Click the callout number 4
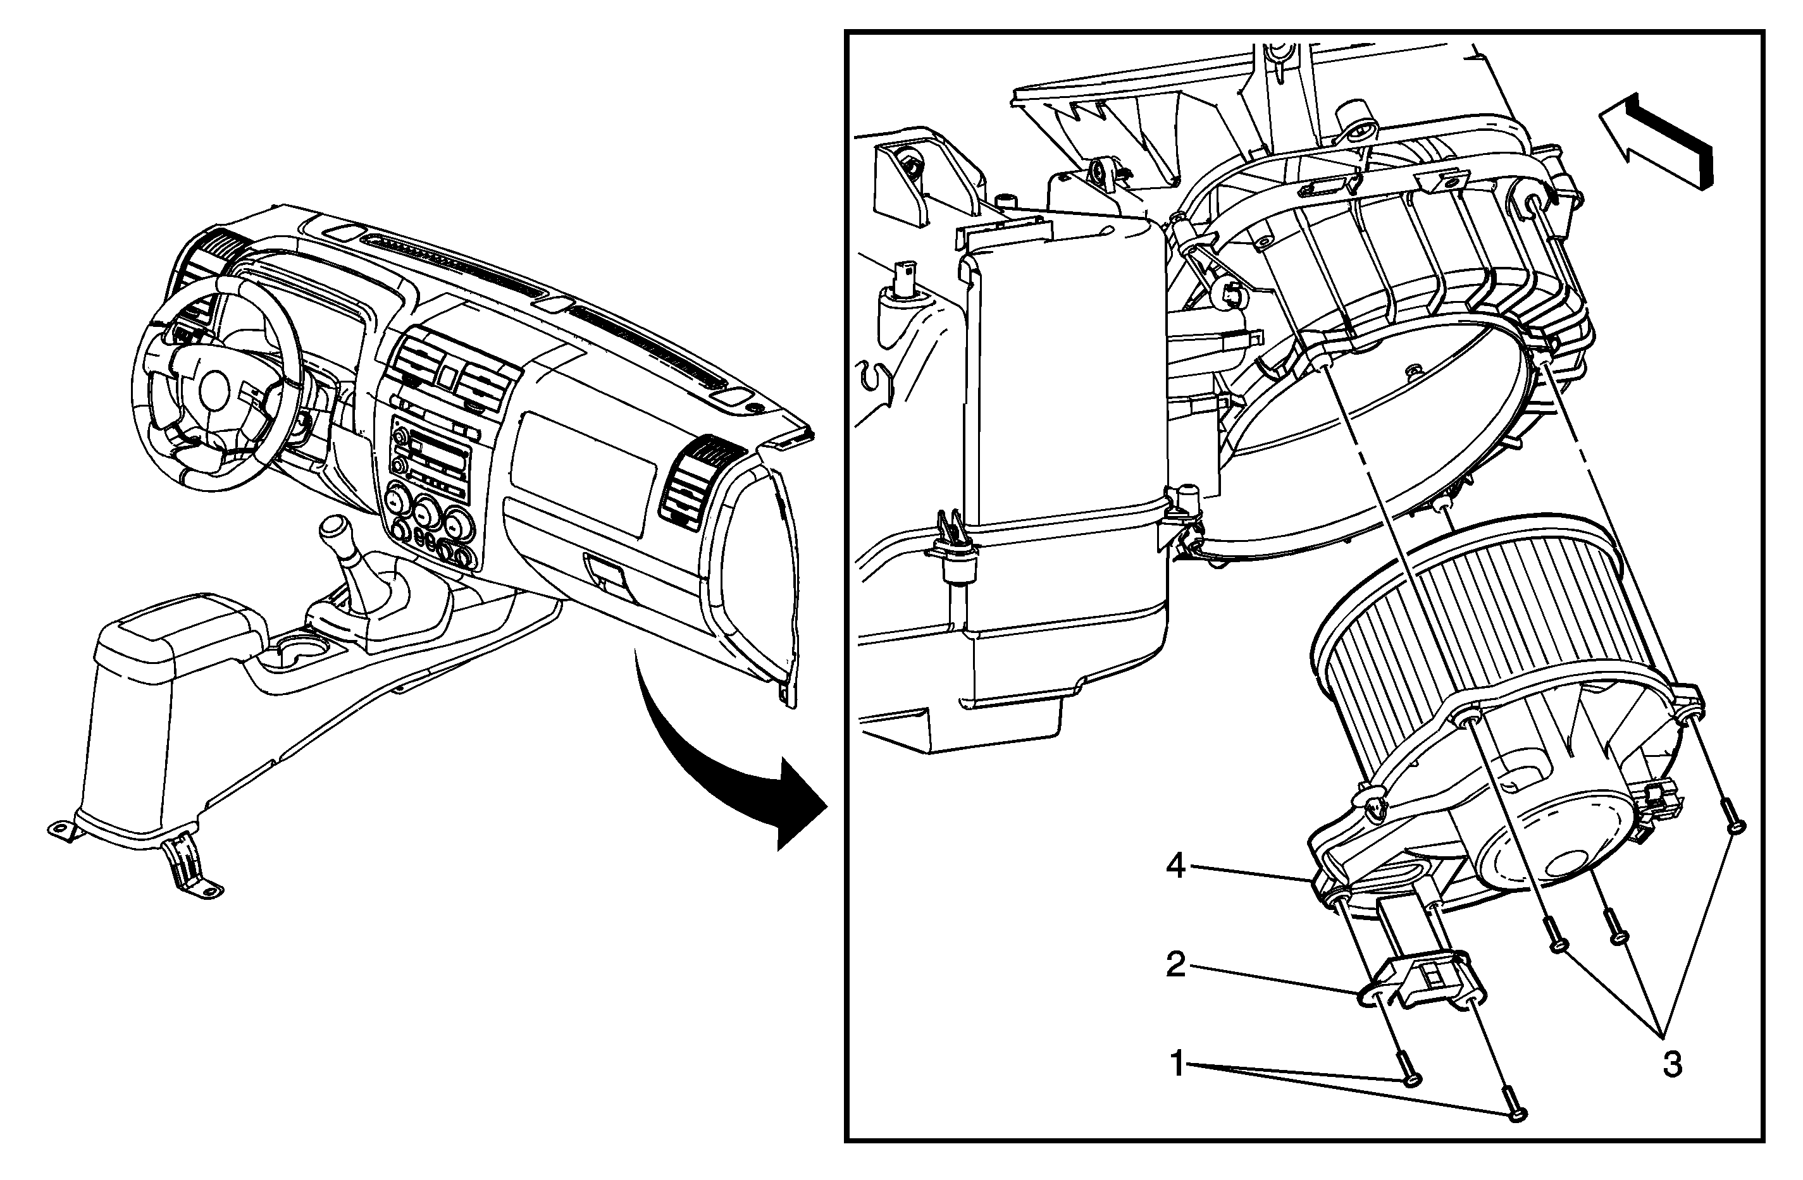pyautogui.click(x=1175, y=866)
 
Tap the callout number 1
pyautogui.click(x=1177, y=1064)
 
